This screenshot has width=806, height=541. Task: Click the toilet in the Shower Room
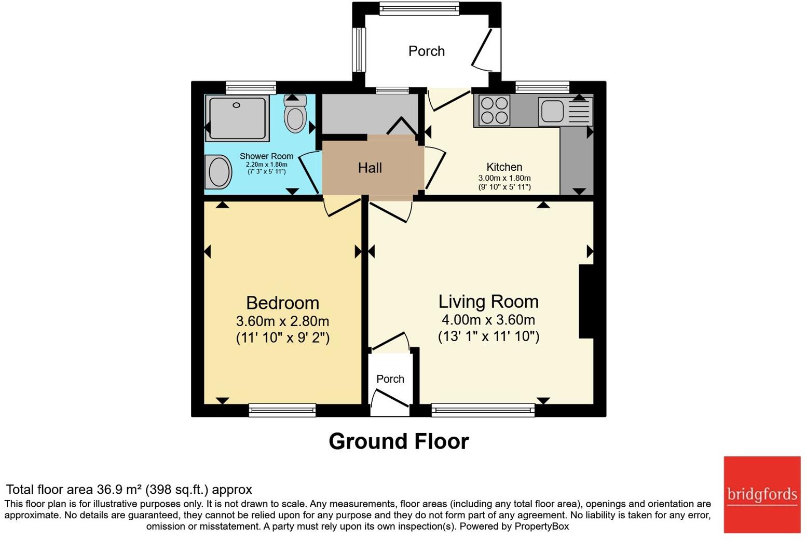(295, 113)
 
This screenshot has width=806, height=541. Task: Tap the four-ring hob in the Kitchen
(495, 110)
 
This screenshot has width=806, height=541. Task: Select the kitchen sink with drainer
(565, 111)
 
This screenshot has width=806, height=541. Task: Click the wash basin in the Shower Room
(218, 172)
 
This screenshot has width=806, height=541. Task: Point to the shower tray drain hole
(237, 105)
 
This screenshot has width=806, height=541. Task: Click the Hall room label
(370, 168)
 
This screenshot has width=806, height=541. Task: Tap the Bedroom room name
(282, 303)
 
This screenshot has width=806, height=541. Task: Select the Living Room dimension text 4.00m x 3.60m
(488, 320)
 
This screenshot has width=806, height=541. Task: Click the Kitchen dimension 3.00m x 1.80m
(504, 178)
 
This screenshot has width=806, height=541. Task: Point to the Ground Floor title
(399, 441)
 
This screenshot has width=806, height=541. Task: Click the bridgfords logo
(762, 495)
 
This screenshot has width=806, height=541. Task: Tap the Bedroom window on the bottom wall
(282, 410)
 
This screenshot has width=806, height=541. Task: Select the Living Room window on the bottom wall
(483, 410)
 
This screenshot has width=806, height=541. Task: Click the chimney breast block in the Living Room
(586, 302)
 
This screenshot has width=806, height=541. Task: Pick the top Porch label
(427, 51)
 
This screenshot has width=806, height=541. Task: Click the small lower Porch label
(390, 379)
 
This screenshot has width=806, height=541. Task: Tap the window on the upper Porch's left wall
(359, 49)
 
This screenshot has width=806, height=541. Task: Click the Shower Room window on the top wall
(251, 88)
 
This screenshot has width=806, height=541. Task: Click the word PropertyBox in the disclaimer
(541, 526)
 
